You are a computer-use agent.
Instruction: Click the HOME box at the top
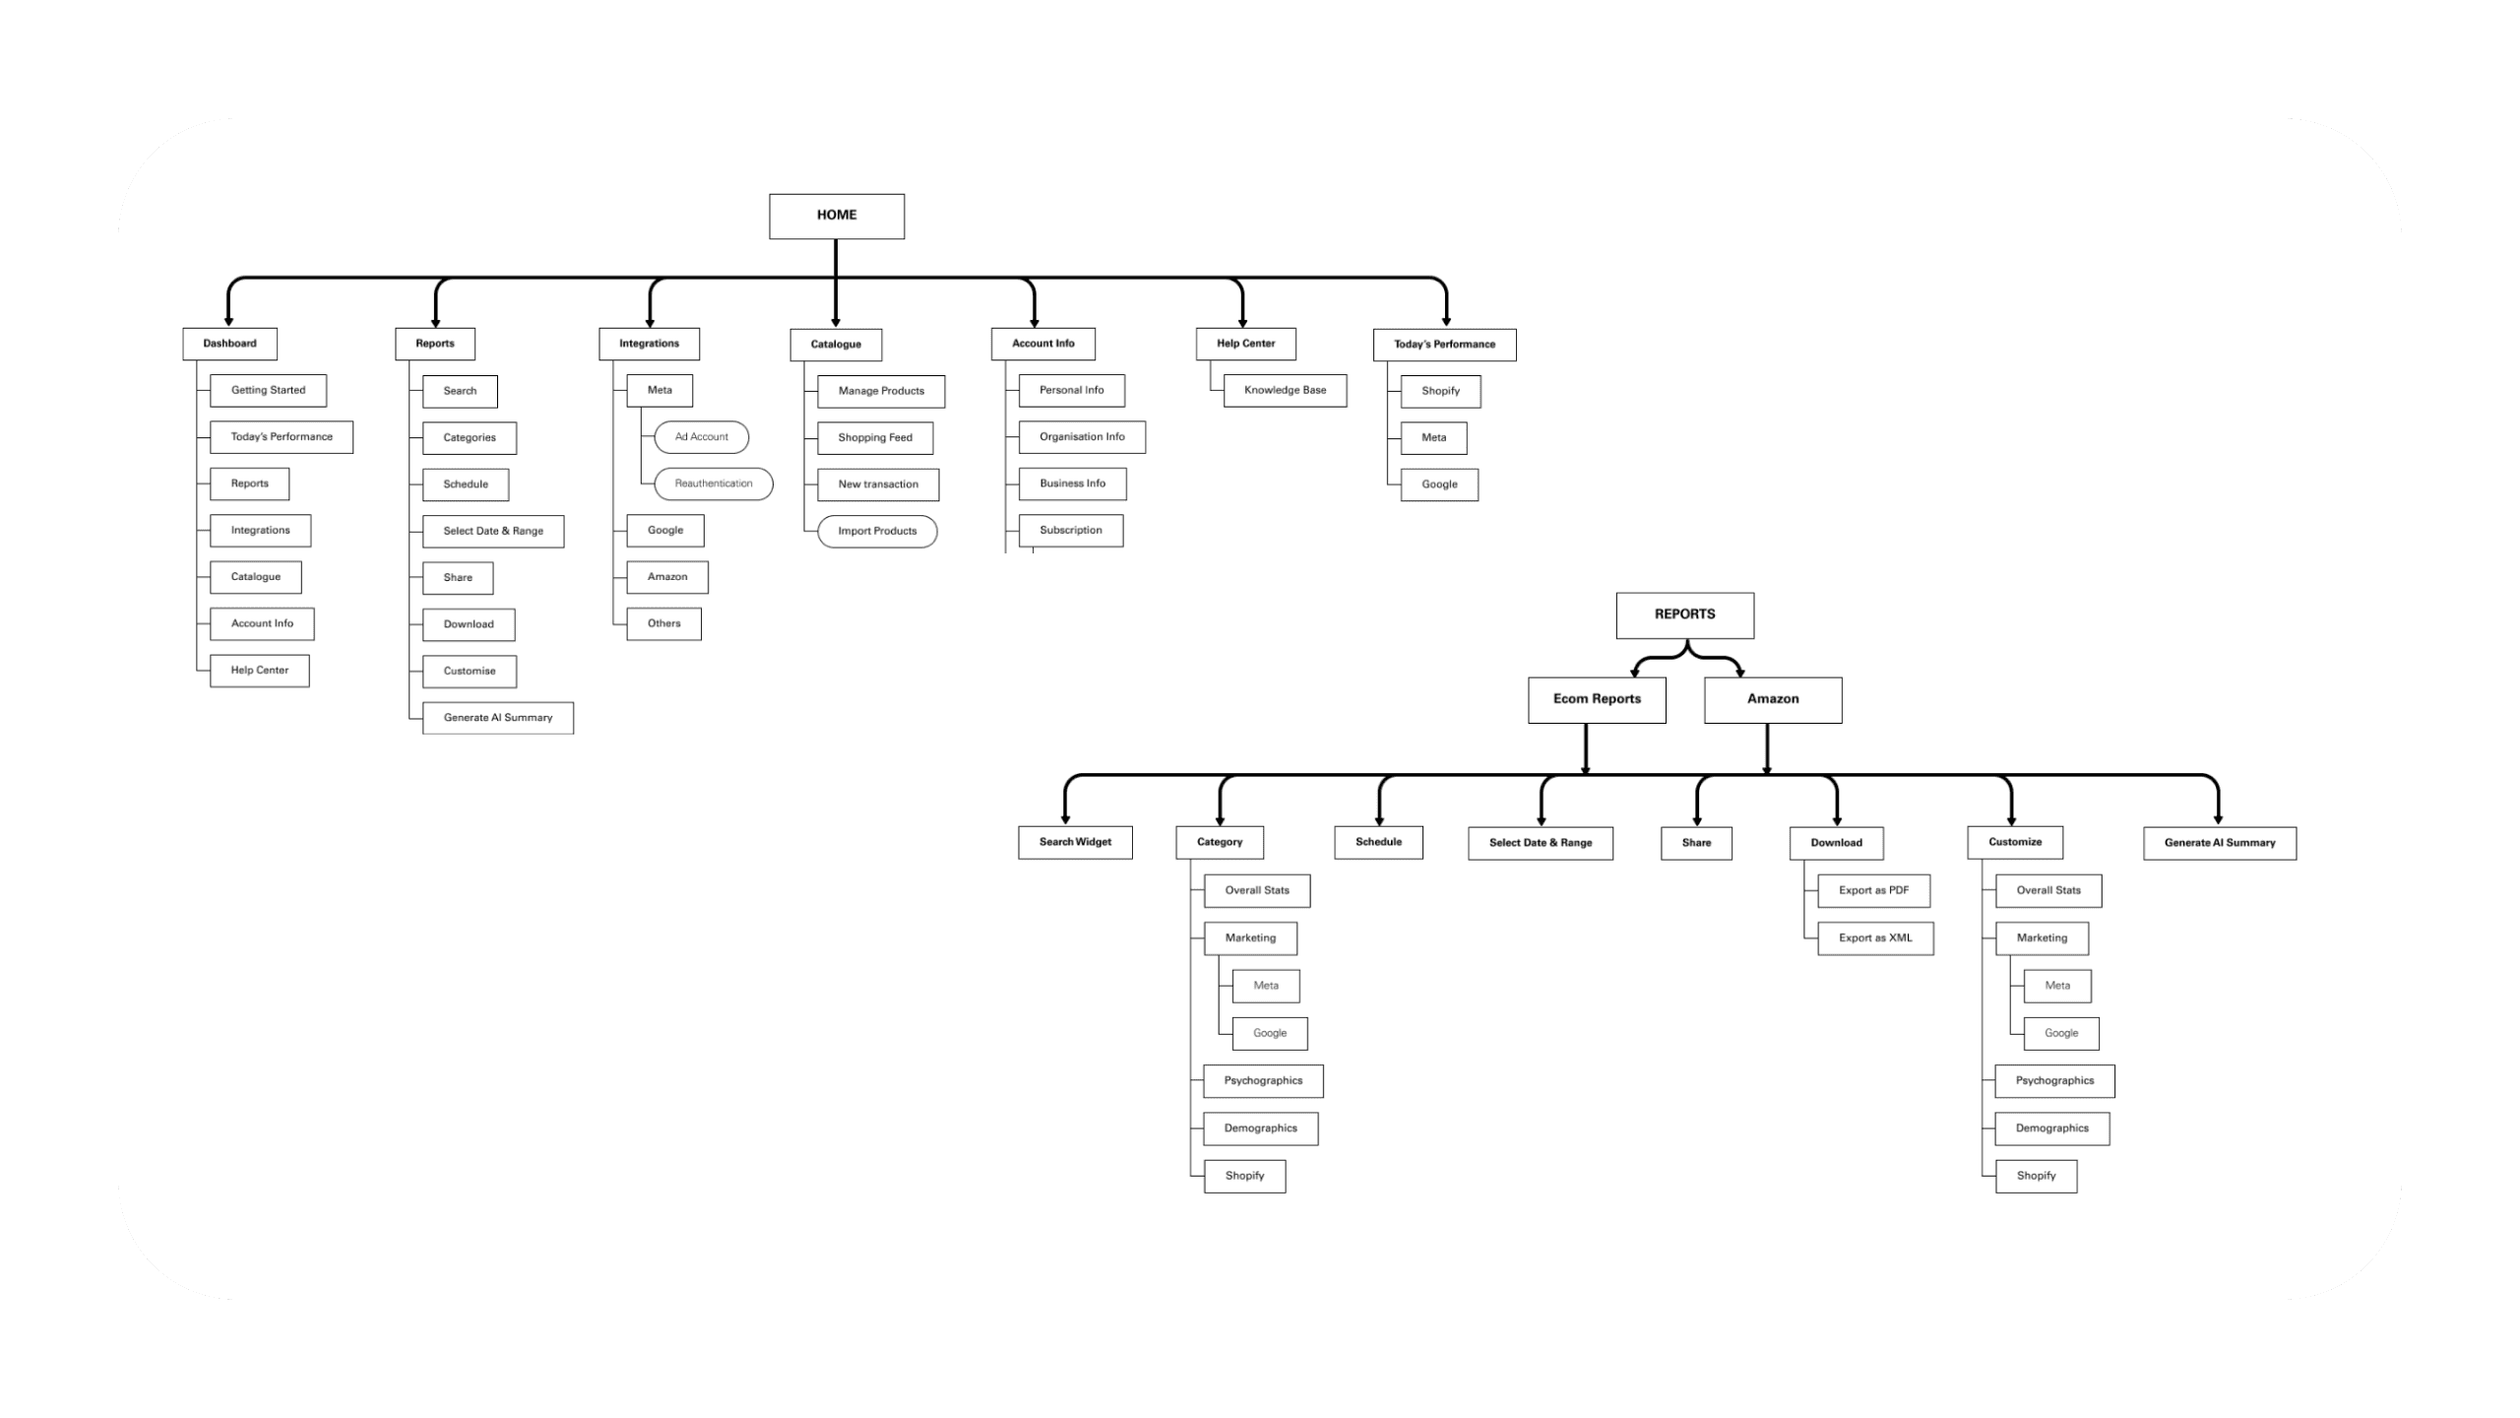coord(837,216)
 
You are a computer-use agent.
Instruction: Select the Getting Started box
coord(268,391)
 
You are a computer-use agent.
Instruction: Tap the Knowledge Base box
coord(1285,391)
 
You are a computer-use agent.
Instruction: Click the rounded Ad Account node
coord(702,437)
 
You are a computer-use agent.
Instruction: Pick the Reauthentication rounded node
coord(714,483)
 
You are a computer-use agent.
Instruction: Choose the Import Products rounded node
coord(877,532)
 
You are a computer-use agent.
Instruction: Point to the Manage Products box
coord(881,392)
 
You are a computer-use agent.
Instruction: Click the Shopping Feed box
coord(875,438)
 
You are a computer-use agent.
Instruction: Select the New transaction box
coord(878,484)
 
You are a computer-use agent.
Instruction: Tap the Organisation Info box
coord(1082,437)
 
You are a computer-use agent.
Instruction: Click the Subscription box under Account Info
coord(1071,531)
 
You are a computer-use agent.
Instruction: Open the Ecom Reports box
coord(1597,700)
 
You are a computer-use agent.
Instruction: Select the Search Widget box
coord(1075,843)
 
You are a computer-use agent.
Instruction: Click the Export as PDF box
coord(1873,891)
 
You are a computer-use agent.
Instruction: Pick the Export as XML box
coord(1875,938)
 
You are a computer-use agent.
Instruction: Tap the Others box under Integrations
coord(664,624)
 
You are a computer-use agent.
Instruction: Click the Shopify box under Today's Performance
coord(1440,392)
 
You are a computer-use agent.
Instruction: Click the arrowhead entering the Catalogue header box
coord(836,321)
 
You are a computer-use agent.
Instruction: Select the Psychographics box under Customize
coord(2054,1081)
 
